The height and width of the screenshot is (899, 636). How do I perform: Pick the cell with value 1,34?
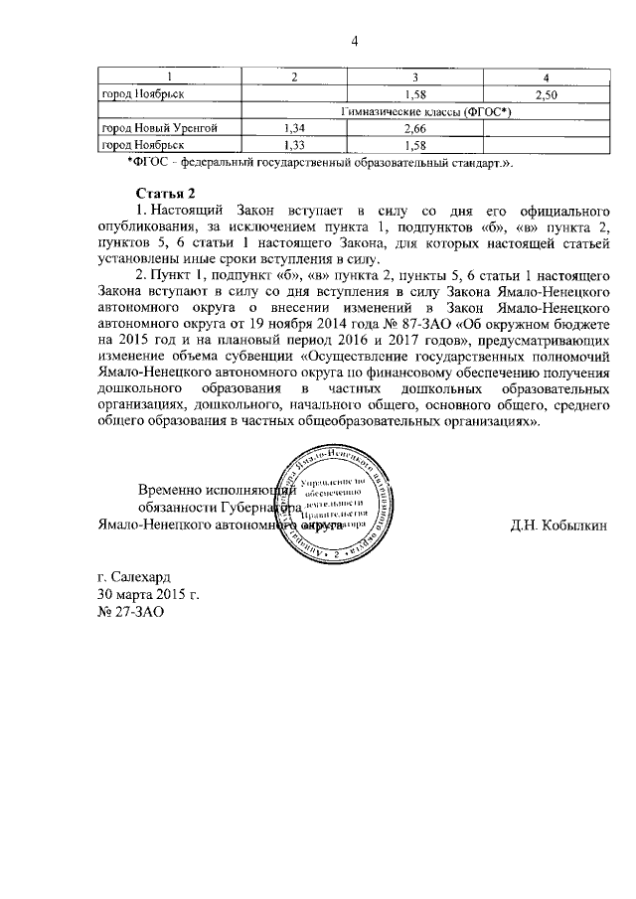pos(293,128)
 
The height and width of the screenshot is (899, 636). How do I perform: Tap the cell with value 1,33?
pos(293,145)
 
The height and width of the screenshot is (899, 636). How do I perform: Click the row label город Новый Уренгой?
pos(159,128)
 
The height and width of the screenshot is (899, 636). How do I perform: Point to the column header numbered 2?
pos(293,77)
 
